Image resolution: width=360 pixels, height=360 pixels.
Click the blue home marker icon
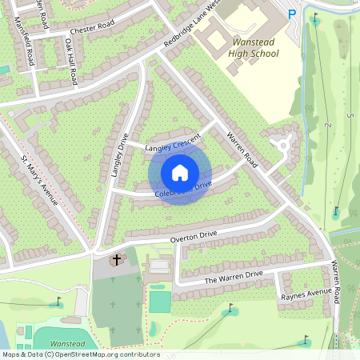[x=180, y=172]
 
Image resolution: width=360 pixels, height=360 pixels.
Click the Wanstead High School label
[x=254, y=47]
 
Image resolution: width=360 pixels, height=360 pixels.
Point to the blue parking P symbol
[x=292, y=13]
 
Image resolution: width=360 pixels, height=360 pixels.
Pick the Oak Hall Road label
[x=70, y=63]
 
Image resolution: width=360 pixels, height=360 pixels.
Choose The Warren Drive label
[x=234, y=277]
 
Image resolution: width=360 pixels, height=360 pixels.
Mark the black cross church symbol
[x=117, y=260]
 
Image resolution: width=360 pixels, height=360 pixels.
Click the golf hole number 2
[x=328, y=126]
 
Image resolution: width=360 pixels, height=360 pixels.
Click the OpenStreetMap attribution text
[x=80, y=354]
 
